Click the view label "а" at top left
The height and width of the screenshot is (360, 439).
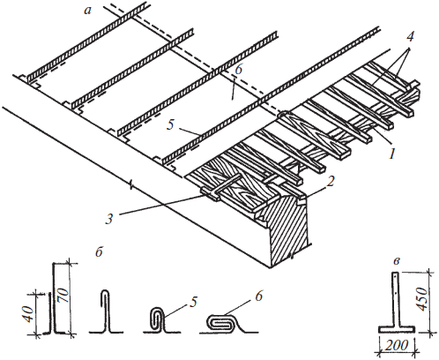point(87,11)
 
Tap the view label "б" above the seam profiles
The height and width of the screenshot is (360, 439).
point(99,251)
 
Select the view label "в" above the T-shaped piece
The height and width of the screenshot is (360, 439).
point(396,261)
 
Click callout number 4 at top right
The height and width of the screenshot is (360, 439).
point(411,37)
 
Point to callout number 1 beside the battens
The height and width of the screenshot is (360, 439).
point(391,153)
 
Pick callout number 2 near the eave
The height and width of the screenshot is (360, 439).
point(331,182)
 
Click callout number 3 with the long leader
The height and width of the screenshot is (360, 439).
point(109,219)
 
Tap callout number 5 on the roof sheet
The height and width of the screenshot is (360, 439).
point(170,124)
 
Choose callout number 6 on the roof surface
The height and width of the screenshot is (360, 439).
point(238,69)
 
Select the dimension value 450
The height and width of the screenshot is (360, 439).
point(422,299)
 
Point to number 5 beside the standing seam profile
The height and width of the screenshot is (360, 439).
point(193,302)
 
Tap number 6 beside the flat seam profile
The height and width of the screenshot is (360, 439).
point(259,296)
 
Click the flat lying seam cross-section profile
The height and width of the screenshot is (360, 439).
point(229,324)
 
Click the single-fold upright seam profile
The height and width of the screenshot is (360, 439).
point(107,311)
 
